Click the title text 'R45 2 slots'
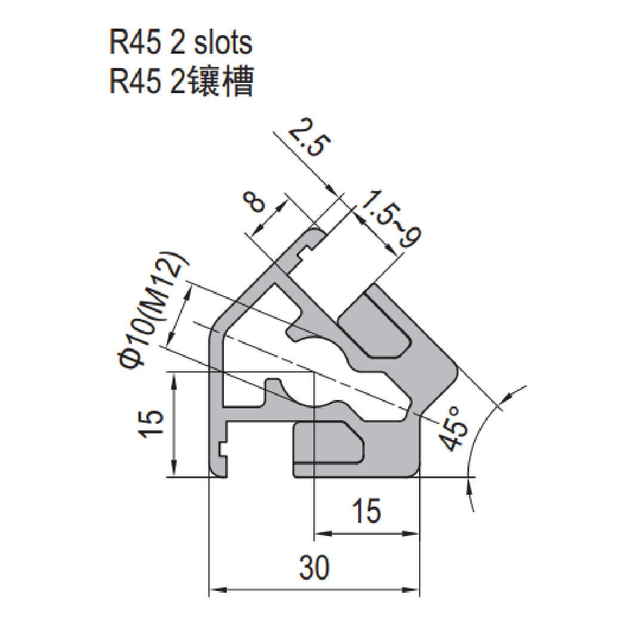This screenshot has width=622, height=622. pos(180,44)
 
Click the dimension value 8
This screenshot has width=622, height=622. pos(256,205)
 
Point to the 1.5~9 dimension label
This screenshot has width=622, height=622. pos(391,220)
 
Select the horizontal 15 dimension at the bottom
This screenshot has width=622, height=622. pos(365,511)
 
